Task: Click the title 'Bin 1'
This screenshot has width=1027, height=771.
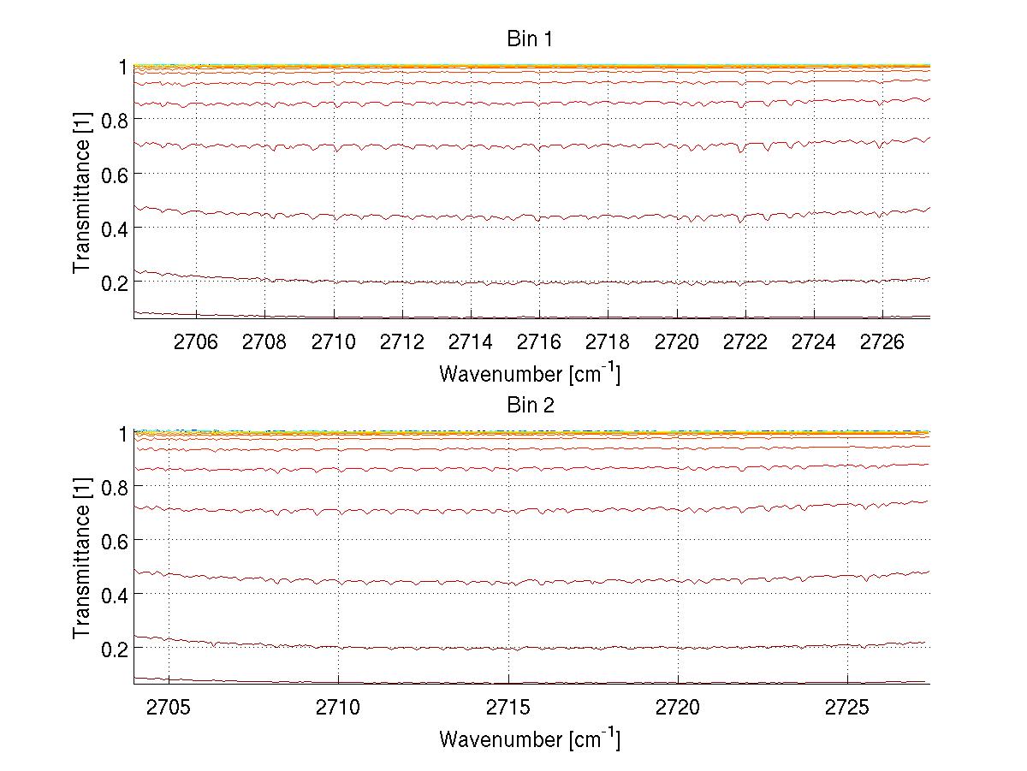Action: point(531,39)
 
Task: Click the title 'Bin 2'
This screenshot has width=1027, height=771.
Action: point(531,406)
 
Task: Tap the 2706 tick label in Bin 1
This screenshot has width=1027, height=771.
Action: point(196,342)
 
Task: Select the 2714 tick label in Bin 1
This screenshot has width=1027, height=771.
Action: point(471,342)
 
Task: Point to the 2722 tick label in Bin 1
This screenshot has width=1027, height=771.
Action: point(745,342)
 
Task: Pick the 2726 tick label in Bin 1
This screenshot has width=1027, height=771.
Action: point(882,342)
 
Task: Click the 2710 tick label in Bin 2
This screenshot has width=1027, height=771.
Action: point(338,709)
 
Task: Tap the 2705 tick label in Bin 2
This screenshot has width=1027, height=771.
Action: point(169,709)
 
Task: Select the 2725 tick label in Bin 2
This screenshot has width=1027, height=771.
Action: point(847,709)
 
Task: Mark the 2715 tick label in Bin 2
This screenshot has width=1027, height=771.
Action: point(508,709)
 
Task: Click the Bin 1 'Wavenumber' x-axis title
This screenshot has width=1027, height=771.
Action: point(529,373)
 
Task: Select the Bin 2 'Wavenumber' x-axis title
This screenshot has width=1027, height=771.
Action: point(529,738)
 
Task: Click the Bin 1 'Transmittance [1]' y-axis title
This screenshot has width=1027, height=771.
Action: point(81,192)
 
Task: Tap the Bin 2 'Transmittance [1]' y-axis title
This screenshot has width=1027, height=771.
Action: point(81,558)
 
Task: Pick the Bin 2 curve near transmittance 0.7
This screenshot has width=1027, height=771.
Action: point(513,511)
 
